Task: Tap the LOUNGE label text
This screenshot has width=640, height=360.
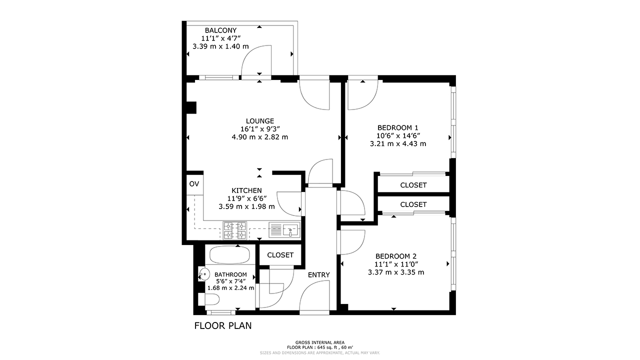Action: coord(259,121)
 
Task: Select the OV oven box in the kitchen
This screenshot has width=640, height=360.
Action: coord(194,184)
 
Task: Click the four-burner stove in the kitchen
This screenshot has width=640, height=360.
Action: coord(235,230)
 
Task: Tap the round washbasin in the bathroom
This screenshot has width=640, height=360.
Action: coord(204,273)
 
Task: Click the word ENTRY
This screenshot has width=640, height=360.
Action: coord(318,275)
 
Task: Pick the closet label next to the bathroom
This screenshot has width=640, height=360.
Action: coord(280,255)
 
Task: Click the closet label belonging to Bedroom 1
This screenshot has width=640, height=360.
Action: coord(413,185)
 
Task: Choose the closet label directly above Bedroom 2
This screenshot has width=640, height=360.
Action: coord(413,204)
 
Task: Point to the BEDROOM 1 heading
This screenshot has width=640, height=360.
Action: coord(397,127)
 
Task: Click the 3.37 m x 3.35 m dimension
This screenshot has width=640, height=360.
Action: coord(396,272)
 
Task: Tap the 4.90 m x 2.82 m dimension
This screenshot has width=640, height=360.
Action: coord(259,137)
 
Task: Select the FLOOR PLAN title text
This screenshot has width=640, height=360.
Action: coord(222,326)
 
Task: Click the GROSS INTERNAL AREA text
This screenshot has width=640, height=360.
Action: coord(320,342)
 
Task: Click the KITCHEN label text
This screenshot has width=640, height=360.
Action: coord(246,190)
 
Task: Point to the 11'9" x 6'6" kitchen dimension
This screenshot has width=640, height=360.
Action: coord(246,198)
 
